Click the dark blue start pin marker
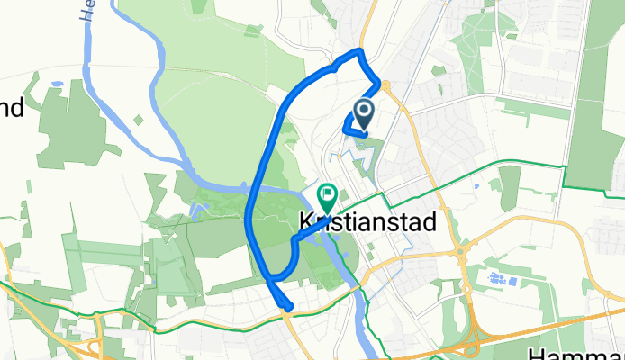click(365, 114)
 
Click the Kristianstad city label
click(367, 221)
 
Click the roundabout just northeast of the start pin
click(385, 85)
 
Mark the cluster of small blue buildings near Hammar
click(497, 278)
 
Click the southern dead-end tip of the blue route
click(288, 309)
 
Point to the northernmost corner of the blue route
click(360, 50)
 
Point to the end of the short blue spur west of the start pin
click(346, 131)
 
